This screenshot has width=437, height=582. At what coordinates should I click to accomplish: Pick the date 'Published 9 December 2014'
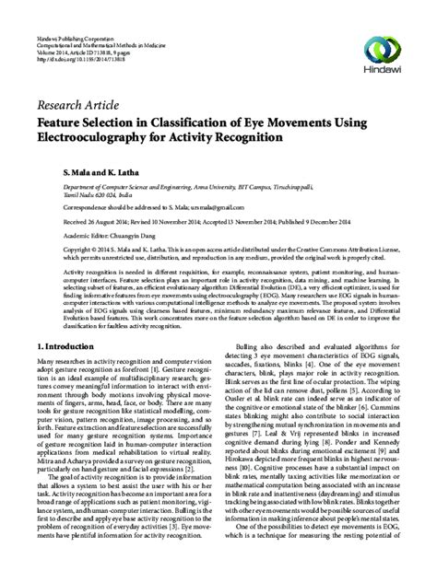tap(343, 222)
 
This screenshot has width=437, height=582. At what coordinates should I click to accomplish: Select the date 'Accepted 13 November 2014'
tap(254, 222)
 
